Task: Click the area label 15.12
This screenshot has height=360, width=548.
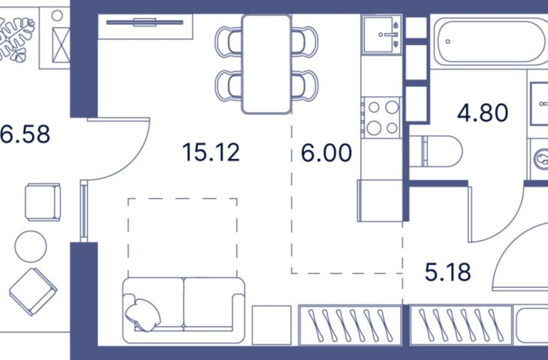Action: click(211, 152)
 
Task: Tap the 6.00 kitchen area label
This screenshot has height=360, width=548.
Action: click(327, 153)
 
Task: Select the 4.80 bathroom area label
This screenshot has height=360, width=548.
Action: click(483, 112)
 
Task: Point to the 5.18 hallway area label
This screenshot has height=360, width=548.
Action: click(447, 272)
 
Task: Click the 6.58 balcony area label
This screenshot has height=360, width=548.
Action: click(25, 134)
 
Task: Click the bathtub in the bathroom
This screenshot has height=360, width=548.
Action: click(490, 42)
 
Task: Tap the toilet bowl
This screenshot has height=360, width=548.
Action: click(436, 151)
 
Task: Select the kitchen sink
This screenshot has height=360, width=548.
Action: click(381, 34)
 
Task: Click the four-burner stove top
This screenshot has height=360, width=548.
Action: click(382, 117)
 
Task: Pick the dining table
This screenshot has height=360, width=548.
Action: click(266, 64)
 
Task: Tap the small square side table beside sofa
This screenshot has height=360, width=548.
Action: click(272, 325)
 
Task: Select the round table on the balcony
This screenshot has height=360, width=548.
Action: click(31, 246)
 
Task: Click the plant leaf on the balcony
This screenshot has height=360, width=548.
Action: click(16, 40)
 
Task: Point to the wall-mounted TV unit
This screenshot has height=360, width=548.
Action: click(145, 23)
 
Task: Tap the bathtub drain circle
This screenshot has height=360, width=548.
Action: click(447, 41)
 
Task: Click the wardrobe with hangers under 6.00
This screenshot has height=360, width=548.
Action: click(350, 325)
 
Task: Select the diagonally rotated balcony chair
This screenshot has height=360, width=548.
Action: click(33, 292)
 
